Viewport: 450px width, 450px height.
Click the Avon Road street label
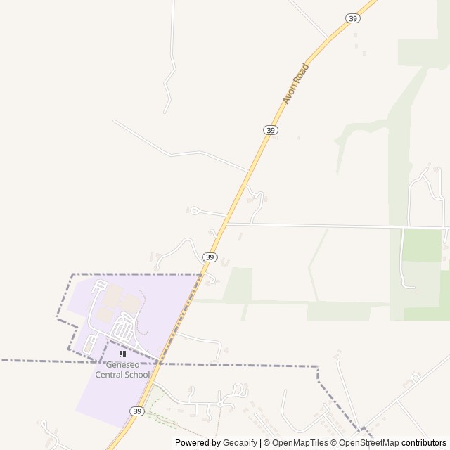(x=296, y=84)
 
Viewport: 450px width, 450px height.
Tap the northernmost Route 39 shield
(x=353, y=18)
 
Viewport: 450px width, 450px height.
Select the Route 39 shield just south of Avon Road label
(x=271, y=130)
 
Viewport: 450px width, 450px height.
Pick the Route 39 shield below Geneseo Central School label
(x=137, y=411)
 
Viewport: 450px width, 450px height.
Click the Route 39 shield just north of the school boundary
(x=210, y=257)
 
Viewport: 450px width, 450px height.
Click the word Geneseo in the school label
(x=123, y=365)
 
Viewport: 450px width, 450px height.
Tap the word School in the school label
(x=136, y=375)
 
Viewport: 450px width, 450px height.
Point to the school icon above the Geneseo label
(x=123, y=354)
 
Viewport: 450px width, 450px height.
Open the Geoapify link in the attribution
(x=240, y=443)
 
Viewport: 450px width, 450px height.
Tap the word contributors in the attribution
(x=424, y=443)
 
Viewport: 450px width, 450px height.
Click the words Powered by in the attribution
(x=198, y=443)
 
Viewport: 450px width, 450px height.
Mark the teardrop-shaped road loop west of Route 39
(x=195, y=210)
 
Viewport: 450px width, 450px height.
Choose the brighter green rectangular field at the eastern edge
(x=422, y=245)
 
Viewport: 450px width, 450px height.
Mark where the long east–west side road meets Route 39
(x=228, y=224)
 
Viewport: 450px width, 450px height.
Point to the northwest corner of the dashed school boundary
(x=73, y=274)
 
